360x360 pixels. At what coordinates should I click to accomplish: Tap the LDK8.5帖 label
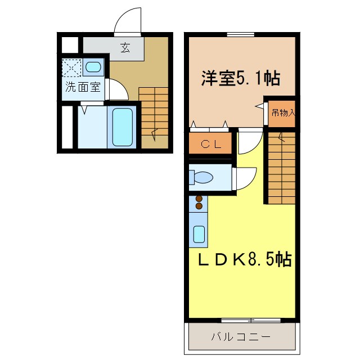[244, 260]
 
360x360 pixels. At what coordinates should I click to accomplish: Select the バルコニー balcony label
[241, 337]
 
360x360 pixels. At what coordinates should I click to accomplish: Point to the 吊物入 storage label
[283, 112]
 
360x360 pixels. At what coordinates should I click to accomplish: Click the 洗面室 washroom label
[83, 87]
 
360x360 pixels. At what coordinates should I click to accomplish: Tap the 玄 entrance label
[124, 48]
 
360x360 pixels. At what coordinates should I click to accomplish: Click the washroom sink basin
[93, 68]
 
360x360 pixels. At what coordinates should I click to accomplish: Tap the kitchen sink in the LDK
[199, 233]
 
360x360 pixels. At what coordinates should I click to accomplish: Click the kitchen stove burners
[199, 202]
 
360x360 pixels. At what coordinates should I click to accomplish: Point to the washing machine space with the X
[71, 68]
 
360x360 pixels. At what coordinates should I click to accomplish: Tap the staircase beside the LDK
[281, 166]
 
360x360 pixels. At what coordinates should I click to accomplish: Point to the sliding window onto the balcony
[250, 321]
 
